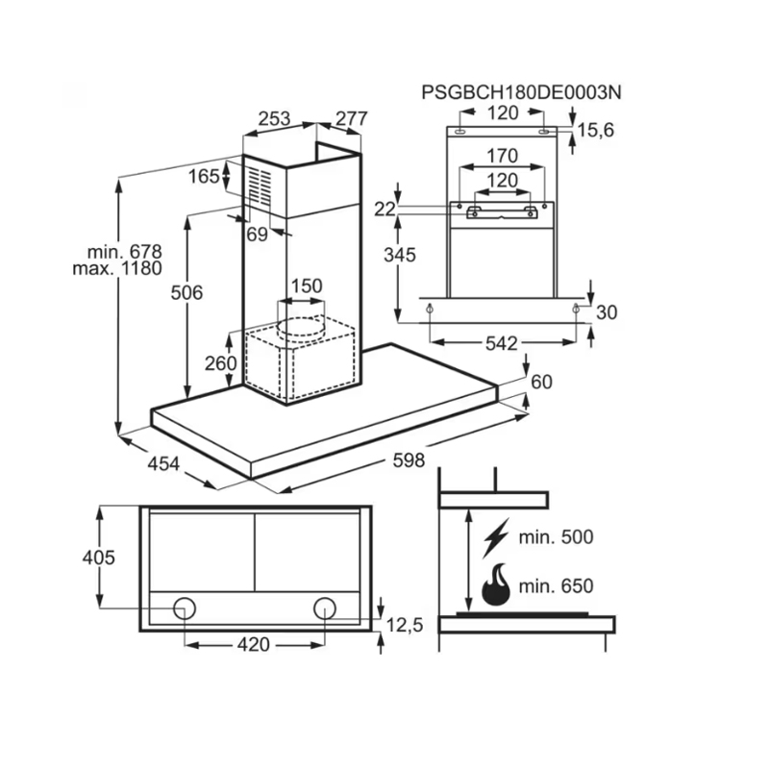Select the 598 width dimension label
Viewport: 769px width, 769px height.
click(409, 461)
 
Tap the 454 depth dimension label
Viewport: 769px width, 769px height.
click(164, 464)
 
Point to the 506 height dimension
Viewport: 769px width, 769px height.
click(186, 292)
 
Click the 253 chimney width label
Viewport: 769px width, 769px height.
click(274, 119)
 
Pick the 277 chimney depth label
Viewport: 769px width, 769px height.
click(351, 119)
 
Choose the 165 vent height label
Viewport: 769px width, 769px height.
click(204, 176)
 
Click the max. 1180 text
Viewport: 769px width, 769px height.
click(117, 268)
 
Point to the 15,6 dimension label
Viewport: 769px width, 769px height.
click(596, 130)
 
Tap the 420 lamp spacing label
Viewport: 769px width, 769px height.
click(253, 645)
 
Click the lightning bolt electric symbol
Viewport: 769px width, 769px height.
click(497, 538)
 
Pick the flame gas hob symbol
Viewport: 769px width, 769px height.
click(496, 584)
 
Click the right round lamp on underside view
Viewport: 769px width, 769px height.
click(324, 608)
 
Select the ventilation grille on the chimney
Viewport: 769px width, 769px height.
click(260, 186)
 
